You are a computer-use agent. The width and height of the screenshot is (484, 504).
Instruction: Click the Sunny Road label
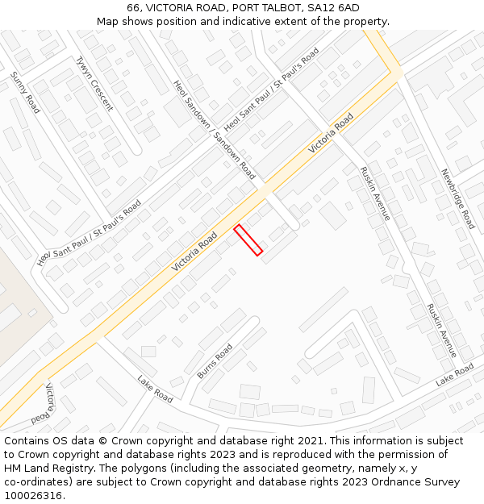pos(25,92)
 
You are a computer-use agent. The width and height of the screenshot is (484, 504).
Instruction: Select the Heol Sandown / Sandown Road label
pos(214,129)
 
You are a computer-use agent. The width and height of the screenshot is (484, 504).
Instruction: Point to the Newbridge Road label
pos(457,198)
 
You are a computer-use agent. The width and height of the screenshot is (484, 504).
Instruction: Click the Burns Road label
pos(215,361)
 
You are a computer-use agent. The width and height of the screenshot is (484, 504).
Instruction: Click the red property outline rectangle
pos(248,240)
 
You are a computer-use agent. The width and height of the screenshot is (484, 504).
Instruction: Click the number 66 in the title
pos(133,8)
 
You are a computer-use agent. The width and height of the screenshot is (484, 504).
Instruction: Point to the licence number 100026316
pos(33,495)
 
